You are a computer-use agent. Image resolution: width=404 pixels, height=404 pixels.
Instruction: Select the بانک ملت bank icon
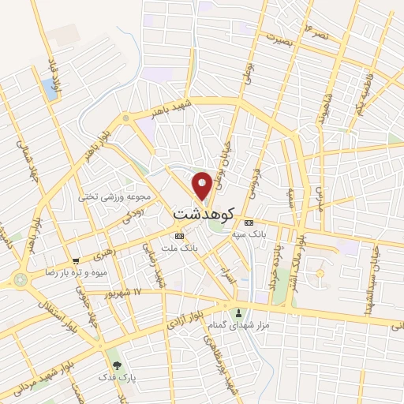click(x=179, y=236)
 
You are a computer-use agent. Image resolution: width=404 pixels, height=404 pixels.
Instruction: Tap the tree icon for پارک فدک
click(x=117, y=365)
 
